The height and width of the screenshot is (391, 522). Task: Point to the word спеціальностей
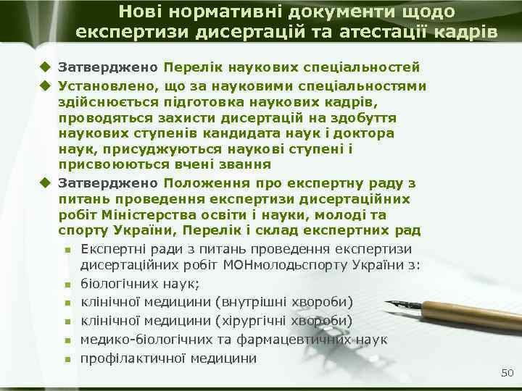[x=369, y=67]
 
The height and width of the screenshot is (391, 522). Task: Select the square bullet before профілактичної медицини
[x=67, y=358]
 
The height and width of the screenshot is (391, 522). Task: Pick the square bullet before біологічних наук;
[x=67, y=283]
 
